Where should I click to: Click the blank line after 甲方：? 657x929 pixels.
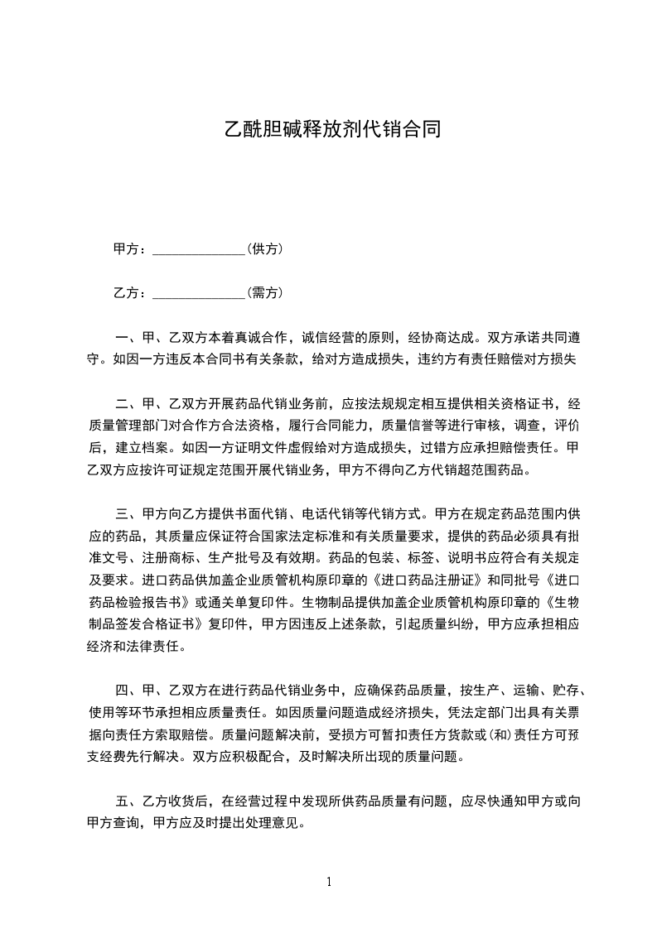pos(200,249)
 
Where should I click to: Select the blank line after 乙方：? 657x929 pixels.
pos(200,293)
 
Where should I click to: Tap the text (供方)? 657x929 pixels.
pos(266,248)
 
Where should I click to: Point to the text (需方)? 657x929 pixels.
pos(266,292)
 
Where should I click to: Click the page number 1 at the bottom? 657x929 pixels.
pos(329,882)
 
